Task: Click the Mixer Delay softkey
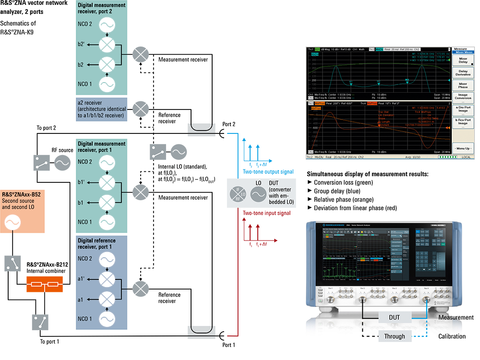coord(463,60)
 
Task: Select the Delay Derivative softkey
coord(463,73)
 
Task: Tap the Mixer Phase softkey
coord(463,85)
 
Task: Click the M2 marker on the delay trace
coord(407,80)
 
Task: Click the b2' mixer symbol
coord(105,45)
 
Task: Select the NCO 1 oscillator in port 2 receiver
coord(105,84)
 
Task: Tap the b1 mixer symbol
coord(105,203)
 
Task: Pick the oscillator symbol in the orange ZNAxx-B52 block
coord(11,222)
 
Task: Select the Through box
coord(394,336)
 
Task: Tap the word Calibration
coord(452,336)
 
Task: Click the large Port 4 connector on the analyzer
coord(426,300)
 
